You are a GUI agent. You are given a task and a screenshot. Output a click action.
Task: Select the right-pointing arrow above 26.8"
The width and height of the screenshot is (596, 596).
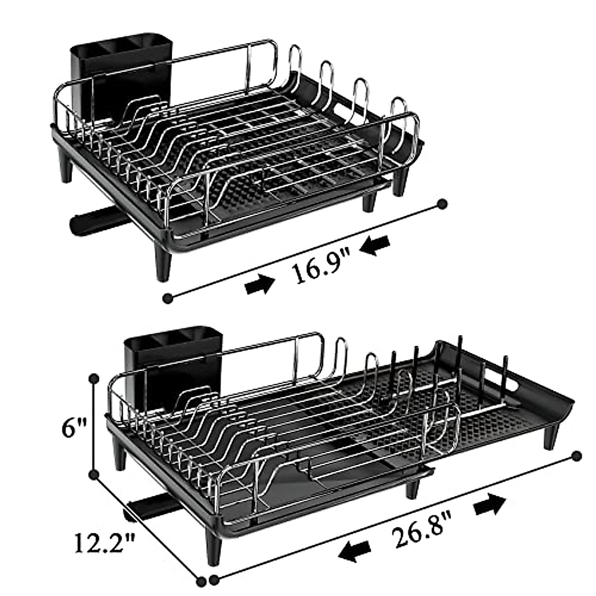[491, 505]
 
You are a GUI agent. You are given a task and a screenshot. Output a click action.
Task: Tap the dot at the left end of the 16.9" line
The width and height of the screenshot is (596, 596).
[168, 298]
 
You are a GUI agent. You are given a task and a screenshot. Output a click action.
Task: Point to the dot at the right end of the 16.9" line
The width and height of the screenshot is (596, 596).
[442, 204]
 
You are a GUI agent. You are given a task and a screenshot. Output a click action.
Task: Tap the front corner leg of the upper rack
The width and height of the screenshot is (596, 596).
[164, 263]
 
